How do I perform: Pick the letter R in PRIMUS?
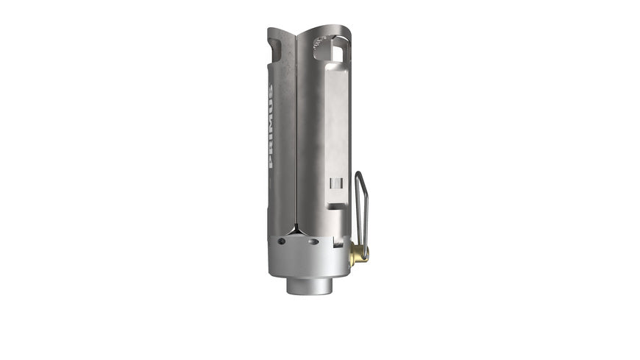[x=271, y=151]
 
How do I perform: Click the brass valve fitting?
[x=358, y=255]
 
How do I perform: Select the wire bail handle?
[x=361, y=210]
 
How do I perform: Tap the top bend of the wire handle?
[x=359, y=174]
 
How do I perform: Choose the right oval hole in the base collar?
[x=313, y=241]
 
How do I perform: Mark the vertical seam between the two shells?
[x=296, y=133]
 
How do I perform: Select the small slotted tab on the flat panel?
[x=335, y=183]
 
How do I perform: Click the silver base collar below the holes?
[x=307, y=261]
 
